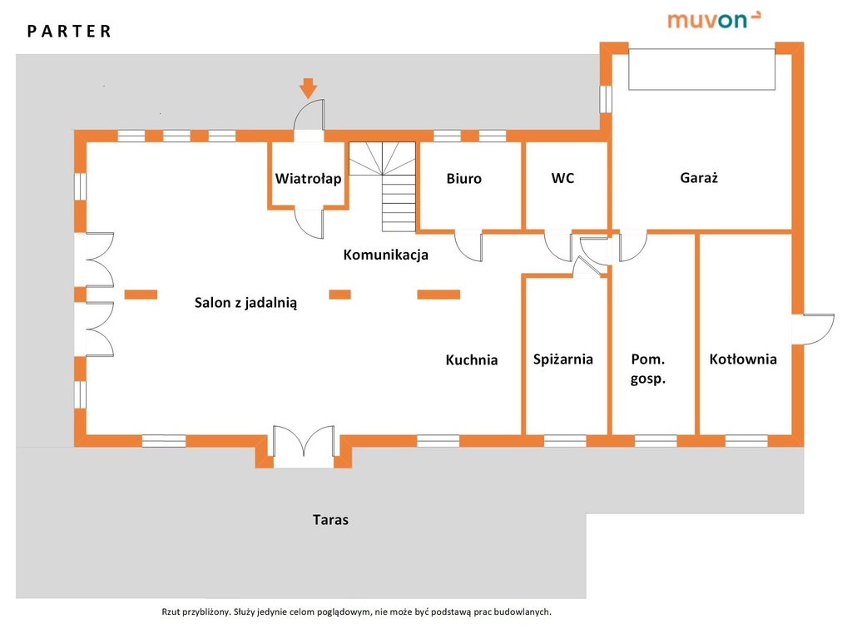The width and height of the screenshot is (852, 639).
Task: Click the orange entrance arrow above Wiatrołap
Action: [308, 87]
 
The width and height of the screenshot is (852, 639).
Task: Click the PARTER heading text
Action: [69, 32]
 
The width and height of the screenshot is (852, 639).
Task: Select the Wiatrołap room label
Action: [308, 178]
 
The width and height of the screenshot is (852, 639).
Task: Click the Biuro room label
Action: [463, 178]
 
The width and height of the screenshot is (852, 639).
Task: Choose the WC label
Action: [562, 178]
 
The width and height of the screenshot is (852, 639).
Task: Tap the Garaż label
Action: [699, 177]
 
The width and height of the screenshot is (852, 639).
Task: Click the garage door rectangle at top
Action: [701, 68]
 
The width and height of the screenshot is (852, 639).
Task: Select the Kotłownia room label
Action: [743, 359]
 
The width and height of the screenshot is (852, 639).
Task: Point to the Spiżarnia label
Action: [563, 359]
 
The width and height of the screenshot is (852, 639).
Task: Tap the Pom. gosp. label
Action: [649, 369]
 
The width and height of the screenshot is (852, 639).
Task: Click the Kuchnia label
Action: [472, 360]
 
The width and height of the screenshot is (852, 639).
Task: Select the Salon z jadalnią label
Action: [245, 303]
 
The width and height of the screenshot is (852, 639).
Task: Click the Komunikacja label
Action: [386, 255]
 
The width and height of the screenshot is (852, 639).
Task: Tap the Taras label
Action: [330, 520]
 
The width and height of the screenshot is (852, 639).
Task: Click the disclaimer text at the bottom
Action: [356, 612]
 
